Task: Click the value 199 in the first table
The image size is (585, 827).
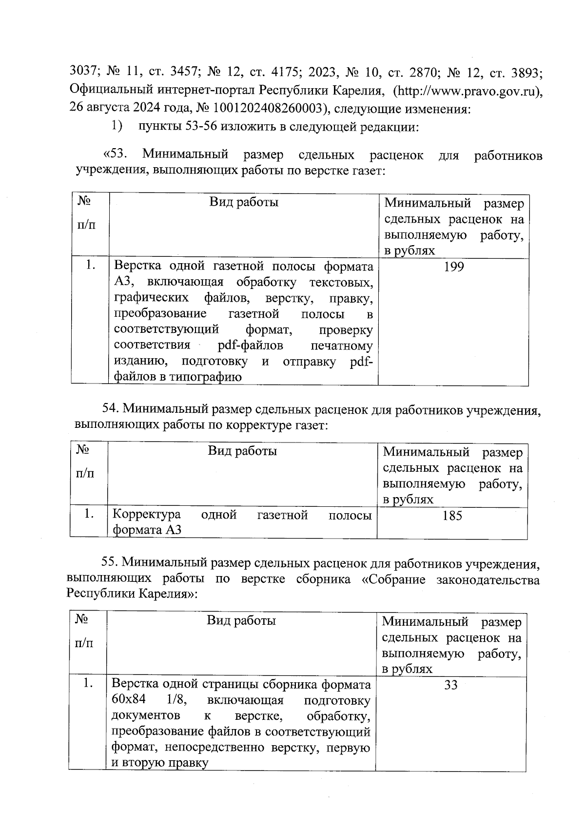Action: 453,267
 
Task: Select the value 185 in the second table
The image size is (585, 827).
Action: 452,516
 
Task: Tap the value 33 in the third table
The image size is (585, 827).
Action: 451,685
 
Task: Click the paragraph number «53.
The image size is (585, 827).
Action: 116,154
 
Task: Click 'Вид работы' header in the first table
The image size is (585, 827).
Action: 244,202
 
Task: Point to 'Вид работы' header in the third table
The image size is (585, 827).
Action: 241,620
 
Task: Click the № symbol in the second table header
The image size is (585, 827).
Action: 82,449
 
